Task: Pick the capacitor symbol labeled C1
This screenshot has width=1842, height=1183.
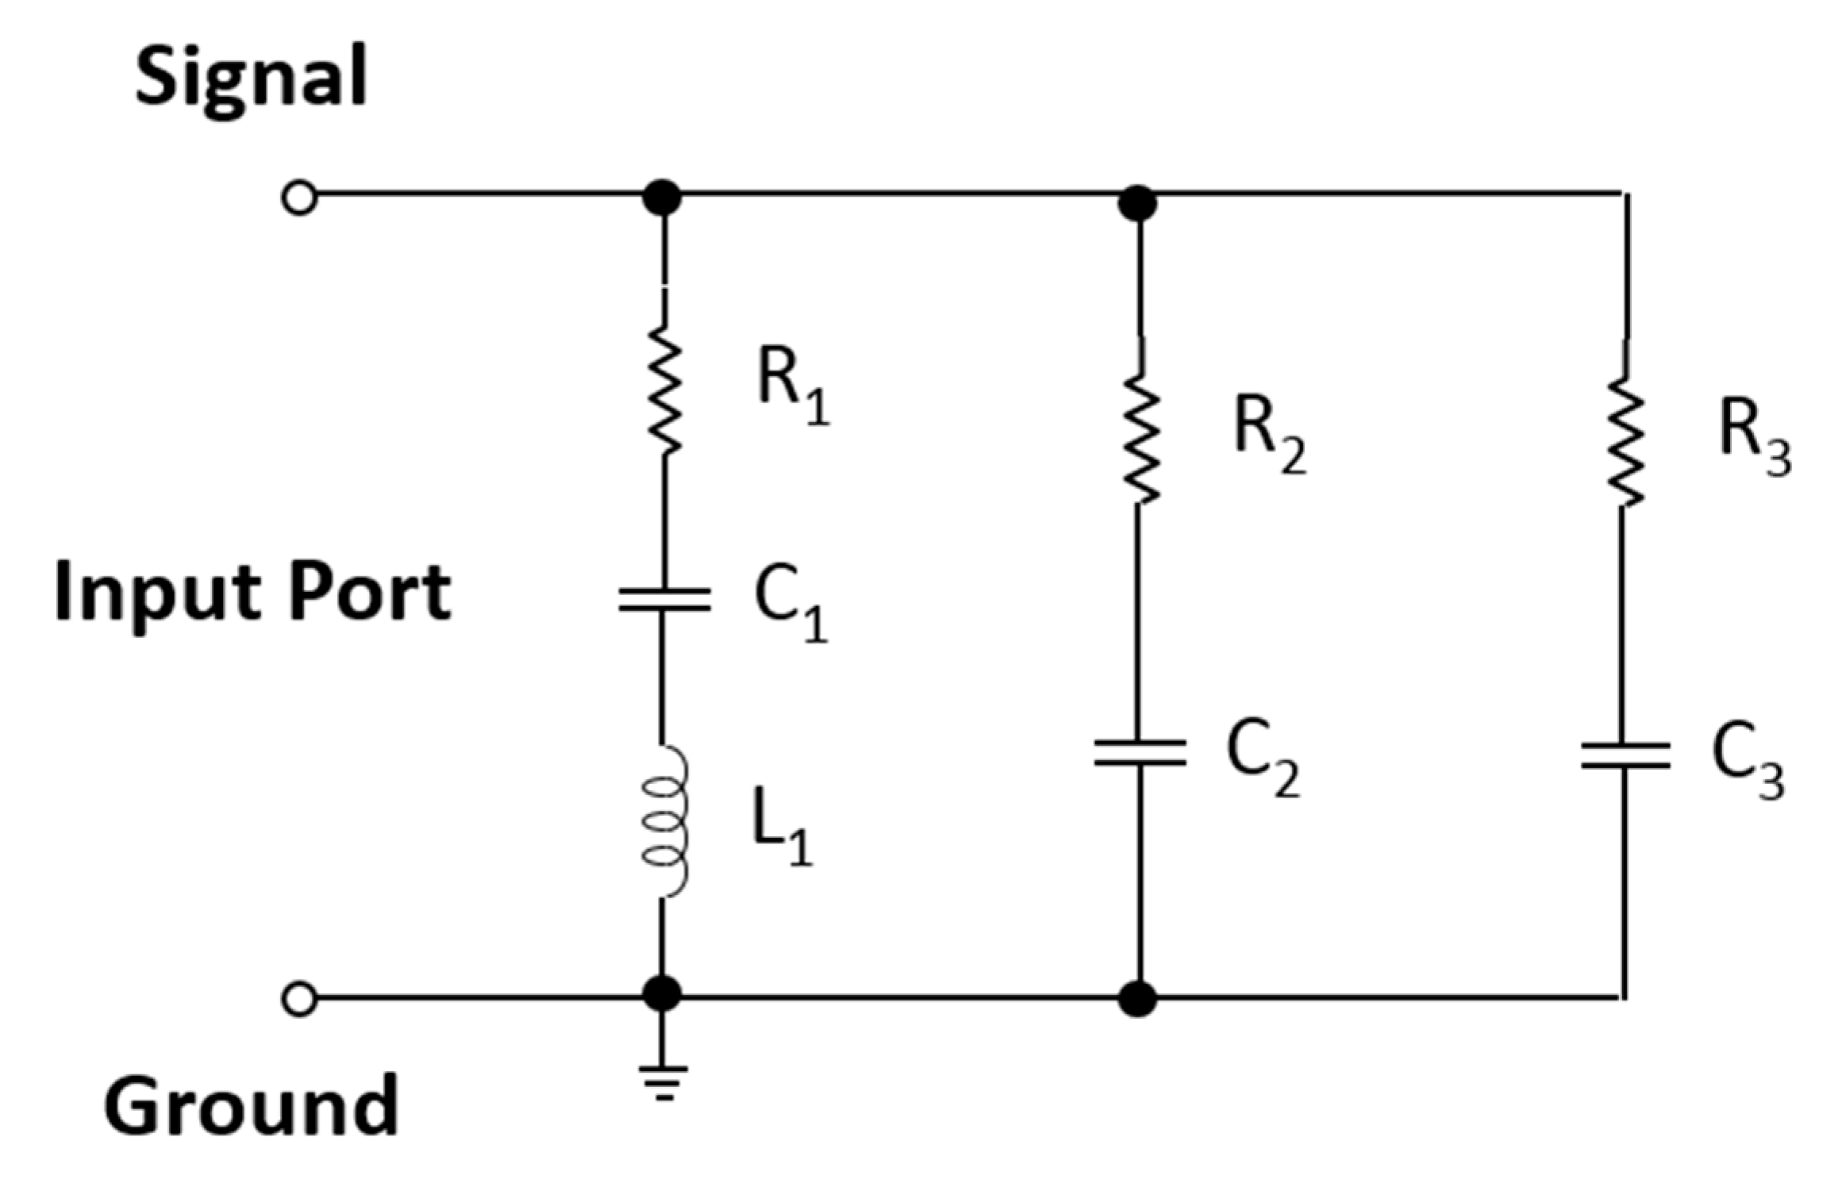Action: [664, 600]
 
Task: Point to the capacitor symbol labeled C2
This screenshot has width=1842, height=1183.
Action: [1139, 752]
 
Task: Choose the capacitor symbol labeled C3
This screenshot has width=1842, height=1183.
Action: [1624, 755]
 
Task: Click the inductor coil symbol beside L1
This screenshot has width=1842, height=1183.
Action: [664, 822]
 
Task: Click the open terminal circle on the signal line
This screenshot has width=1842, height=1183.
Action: [299, 198]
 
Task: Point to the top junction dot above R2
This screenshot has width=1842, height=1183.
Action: [1137, 203]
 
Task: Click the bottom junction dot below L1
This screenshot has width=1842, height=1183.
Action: [662, 993]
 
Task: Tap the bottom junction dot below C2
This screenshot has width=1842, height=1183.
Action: [1137, 999]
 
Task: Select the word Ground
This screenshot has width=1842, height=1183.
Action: [251, 1105]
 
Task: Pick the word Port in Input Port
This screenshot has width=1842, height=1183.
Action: [370, 593]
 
